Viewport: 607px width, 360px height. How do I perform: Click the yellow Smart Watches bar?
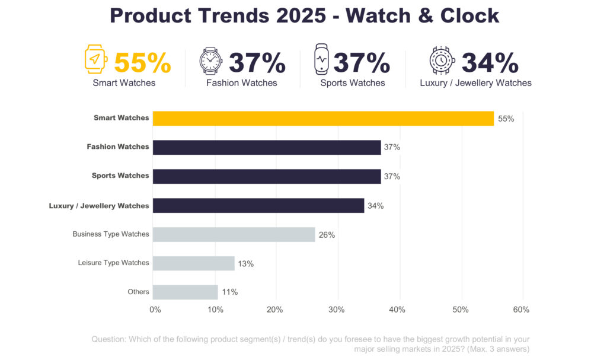pos(323,118)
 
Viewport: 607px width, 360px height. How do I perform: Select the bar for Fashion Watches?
pos(267,147)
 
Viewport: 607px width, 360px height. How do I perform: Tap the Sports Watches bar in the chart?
pos(267,176)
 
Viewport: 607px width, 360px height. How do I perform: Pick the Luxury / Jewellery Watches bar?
pos(258,205)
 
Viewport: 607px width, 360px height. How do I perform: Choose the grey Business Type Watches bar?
pos(234,234)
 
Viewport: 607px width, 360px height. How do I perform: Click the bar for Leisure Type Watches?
pos(194,263)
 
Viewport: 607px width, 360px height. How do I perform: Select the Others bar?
pos(186,292)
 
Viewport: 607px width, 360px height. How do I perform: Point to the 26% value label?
pos(327,235)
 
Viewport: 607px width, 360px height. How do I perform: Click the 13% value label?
pos(246,264)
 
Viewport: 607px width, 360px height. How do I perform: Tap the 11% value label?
pos(229,292)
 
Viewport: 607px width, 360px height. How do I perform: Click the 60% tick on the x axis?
pos(521,310)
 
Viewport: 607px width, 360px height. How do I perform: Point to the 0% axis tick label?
pos(155,310)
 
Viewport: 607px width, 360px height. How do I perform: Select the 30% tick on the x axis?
pos(337,310)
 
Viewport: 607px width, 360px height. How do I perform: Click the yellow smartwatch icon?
pos(96,59)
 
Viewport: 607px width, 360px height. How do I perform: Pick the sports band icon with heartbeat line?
pos(321,60)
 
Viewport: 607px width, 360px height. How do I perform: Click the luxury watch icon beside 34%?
pos(442,60)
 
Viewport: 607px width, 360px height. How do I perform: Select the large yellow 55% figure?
pos(142,63)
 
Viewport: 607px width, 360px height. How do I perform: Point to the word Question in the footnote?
pos(108,339)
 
